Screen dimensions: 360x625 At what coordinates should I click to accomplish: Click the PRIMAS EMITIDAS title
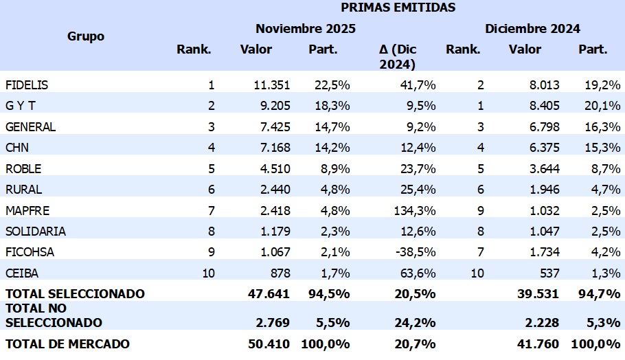tap(398, 8)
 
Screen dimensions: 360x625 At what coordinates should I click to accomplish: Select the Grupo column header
tap(86, 36)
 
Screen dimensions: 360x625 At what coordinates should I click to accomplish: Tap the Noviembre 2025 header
tap(306, 29)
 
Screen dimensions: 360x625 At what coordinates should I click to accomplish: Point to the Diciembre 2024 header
tap(532, 29)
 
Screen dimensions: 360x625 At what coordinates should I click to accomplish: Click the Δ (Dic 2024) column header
tap(398, 57)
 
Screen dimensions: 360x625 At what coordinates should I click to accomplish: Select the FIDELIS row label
tap(27, 85)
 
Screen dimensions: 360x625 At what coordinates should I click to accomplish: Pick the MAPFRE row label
tap(27, 210)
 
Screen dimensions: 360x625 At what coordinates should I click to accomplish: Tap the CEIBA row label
tap(23, 273)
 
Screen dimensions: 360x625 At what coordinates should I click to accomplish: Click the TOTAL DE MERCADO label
tap(67, 344)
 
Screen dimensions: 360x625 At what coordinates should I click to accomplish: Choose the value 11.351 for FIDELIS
tap(271, 85)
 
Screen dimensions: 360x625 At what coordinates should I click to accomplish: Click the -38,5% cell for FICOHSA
tap(417, 252)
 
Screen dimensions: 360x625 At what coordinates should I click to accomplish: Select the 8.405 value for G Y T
tap(541, 106)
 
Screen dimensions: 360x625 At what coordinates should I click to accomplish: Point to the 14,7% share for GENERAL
tap(333, 127)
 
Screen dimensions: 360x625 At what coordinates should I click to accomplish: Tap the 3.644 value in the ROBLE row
tap(541, 168)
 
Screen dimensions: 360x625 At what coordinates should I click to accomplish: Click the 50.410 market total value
tap(269, 344)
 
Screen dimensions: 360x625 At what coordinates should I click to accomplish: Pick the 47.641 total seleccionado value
tap(269, 294)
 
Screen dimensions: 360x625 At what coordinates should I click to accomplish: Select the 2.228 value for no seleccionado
tap(541, 323)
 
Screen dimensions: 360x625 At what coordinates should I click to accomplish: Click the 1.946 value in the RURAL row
tap(541, 190)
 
